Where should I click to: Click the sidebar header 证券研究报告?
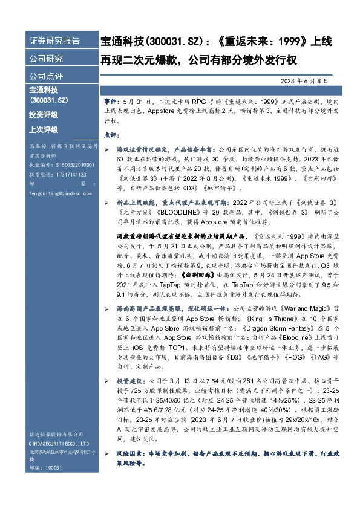point(54,41)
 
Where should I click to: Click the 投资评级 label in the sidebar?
point(43,114)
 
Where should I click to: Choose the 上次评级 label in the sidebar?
point(43,129)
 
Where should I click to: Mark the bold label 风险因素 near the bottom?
point(127,453)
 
